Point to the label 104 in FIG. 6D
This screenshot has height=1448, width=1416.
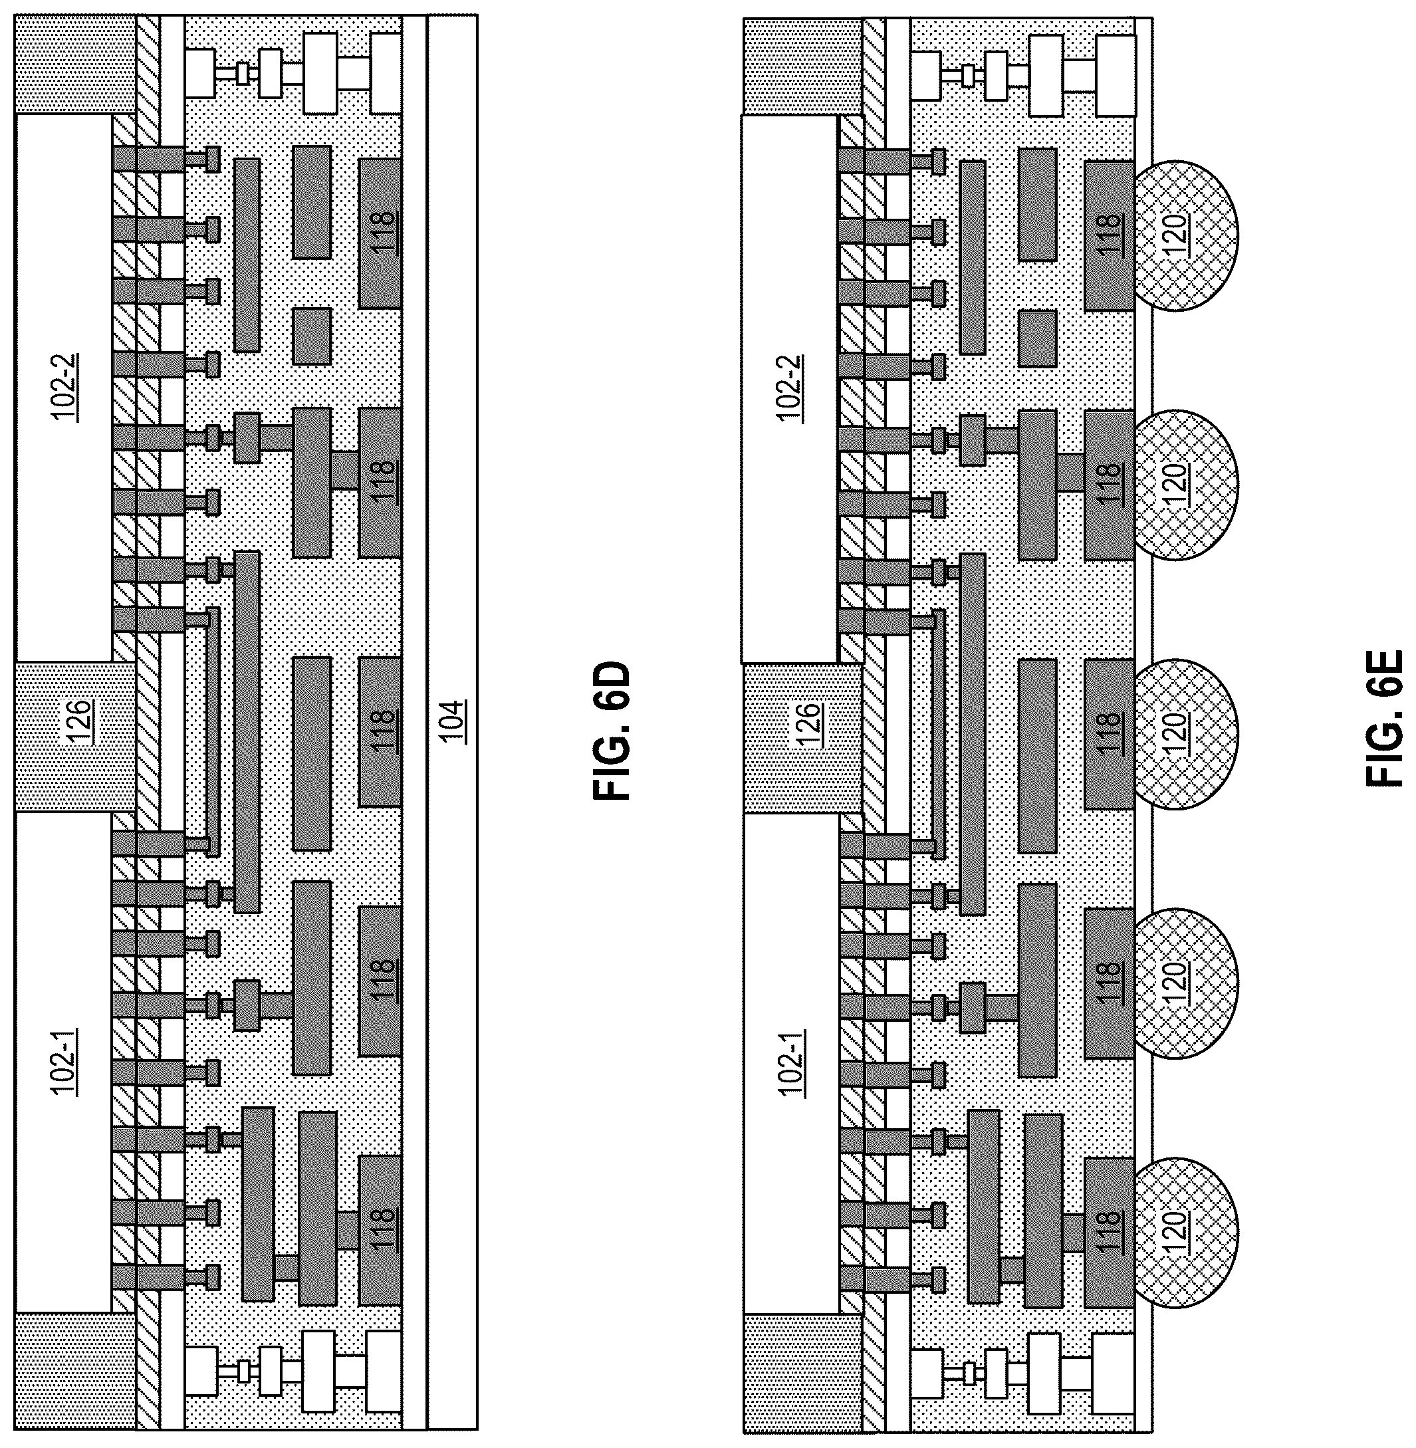452,721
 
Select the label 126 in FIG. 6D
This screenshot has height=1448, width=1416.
80,717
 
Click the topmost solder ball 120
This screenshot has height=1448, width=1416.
1185,236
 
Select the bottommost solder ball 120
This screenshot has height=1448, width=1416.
1185,1231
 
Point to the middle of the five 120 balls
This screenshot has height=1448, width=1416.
1185,733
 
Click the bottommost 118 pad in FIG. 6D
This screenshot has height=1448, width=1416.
380,1230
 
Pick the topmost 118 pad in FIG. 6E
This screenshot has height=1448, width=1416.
1109,236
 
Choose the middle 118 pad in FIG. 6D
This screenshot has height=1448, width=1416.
380,731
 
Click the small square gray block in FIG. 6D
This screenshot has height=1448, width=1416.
312,336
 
